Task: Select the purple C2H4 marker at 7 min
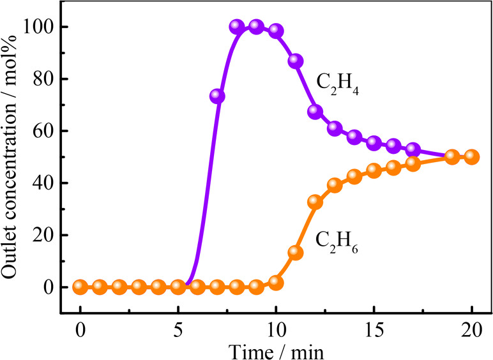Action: point(217,96)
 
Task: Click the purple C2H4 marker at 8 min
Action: point(237,27)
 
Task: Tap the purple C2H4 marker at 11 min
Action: point(296,61)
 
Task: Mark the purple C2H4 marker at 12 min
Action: point(315,112)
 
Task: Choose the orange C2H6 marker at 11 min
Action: point(296,252)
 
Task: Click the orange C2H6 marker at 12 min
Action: point(315,202)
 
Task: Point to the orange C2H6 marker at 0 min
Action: point(80,287)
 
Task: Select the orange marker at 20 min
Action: point(472,156)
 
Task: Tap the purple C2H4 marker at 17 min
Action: point(413,149)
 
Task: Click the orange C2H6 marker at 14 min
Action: point(354,176)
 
